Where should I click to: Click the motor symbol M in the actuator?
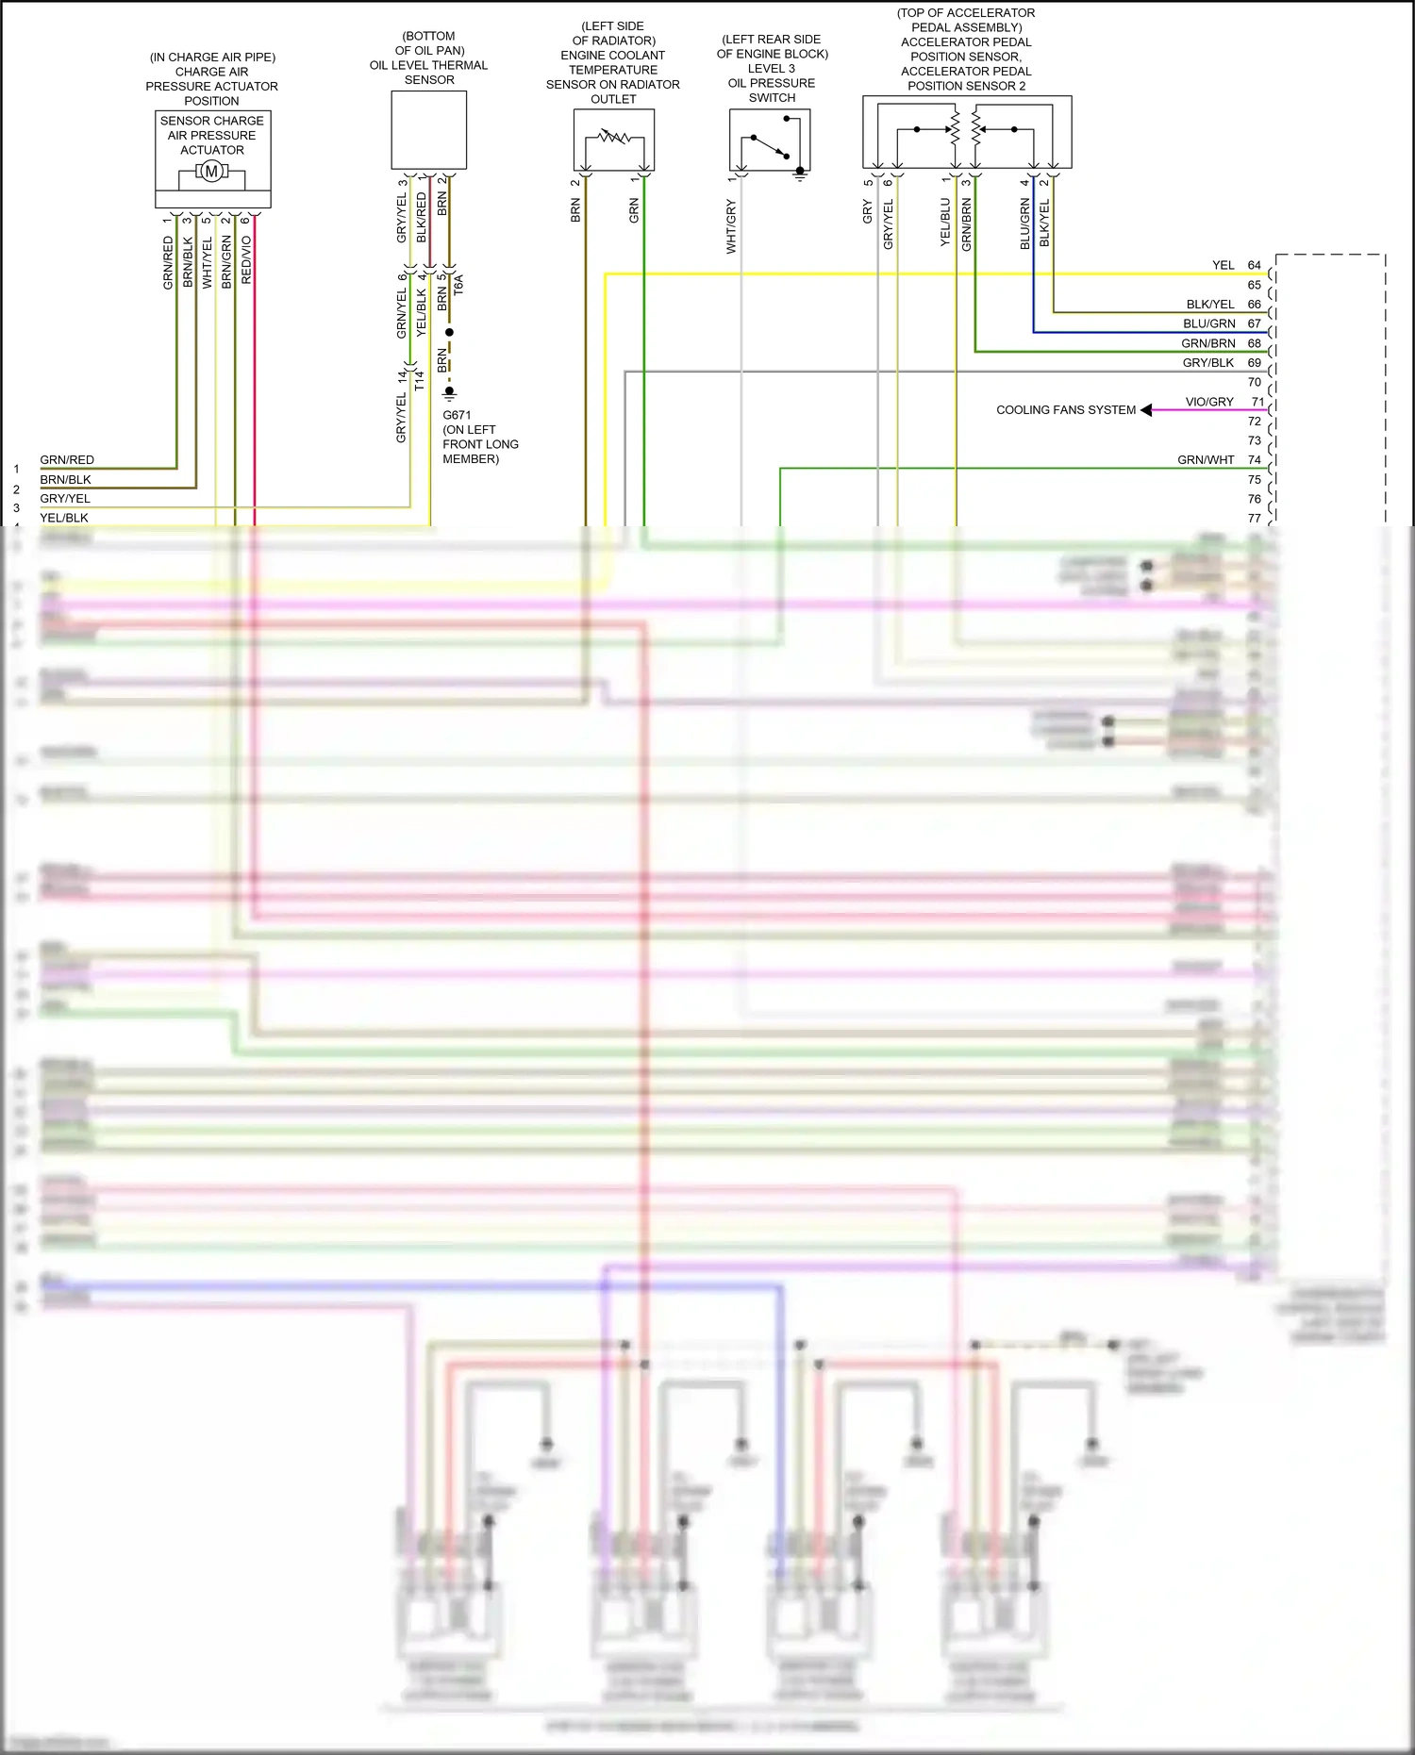[x=211, y=171]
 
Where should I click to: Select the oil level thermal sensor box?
[x=428, y=129]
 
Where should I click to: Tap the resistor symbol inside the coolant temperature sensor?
[x=614, y=138]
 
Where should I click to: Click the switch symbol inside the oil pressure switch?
[x=769, y=145]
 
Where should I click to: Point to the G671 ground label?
[x=457, y=415]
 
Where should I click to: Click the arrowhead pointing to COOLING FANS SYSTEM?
[x=1146, y=410]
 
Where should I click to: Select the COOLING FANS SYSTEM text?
[x=1066, y=410]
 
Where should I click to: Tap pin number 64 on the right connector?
[x=1254, y=265]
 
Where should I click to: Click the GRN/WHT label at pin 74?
[x=1206, y=460]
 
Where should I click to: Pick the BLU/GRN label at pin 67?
[x=1208, y=323]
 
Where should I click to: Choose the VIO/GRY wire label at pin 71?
[x=1209, y=402]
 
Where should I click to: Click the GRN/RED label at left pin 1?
[x=67, y=460]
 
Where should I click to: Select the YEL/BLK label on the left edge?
[x=64, y=518]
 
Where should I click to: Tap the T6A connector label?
[x=459, y=285]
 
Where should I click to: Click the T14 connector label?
[x=420, y=380]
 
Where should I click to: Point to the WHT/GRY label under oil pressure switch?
[x=731, y=226]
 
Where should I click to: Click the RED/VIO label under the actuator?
[x=247, y=259]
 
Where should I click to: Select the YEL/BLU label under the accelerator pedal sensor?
[x=945, y=223]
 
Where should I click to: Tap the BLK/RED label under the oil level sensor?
[x=422, y=217]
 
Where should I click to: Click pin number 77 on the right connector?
[x=1254, y=518]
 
